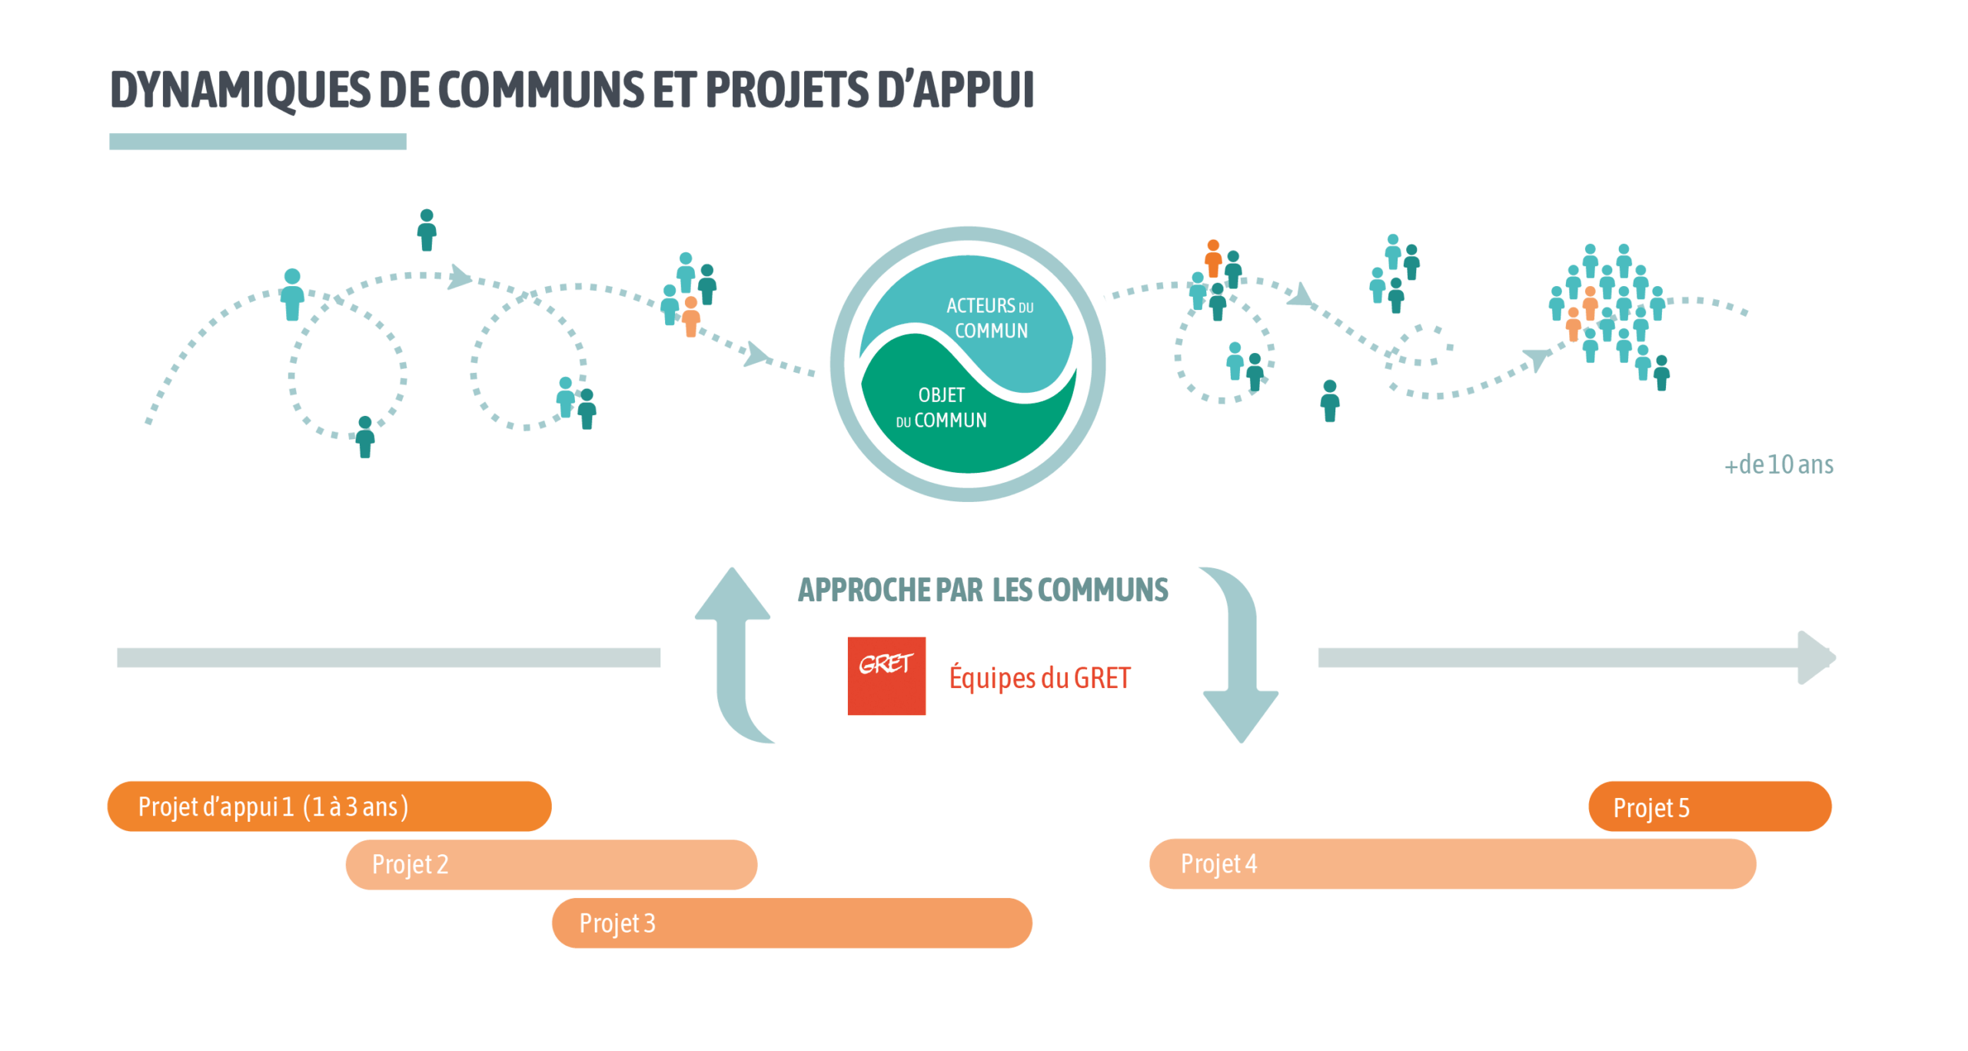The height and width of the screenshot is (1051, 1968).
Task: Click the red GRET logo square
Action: pos(886,675)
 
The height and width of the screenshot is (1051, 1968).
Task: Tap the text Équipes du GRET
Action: pos(1039,677)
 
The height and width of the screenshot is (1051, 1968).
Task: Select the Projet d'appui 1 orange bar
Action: pos(329,806)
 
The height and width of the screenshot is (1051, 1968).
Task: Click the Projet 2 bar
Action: pos(550,863)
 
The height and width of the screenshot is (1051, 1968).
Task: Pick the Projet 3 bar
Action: pos(791,922)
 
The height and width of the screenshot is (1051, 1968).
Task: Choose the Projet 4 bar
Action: pos(1451,863)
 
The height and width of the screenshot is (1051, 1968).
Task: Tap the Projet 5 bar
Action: pos(1709,806)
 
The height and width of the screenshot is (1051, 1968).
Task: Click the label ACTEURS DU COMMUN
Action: pos(990,318)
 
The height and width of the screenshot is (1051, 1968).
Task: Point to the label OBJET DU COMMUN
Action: pos(941,407)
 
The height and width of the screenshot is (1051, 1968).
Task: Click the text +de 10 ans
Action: pos(1778,464)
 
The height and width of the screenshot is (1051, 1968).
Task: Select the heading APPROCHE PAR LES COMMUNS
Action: pos(982,590)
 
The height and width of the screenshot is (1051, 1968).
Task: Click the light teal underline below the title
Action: pos(258,141)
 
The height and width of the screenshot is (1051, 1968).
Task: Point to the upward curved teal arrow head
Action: pos(732,594)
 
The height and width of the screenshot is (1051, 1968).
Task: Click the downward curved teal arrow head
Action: pos(1240,714)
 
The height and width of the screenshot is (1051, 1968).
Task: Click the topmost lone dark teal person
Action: pos(427,229)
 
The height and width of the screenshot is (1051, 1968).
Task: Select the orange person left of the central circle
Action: pos(691,316)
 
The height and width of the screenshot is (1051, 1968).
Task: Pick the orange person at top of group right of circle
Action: pos(1213,258)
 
